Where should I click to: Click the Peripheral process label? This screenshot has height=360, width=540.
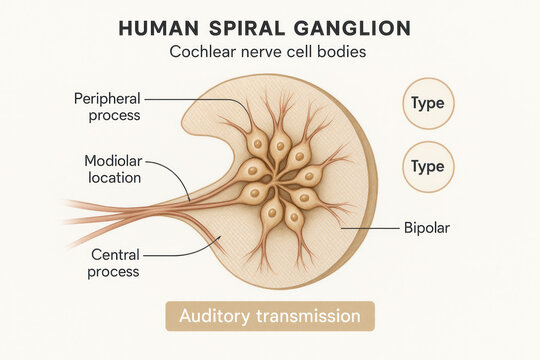click(x=107, y=107)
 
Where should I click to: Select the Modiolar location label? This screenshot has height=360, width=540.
click(x=112, y=169)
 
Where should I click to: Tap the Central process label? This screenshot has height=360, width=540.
click(x=114, y=263)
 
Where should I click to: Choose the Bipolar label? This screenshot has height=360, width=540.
click(x=426, y=228)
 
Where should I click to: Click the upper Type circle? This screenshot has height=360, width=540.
click(x=428, y=104)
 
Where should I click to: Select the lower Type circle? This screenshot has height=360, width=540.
click(x=428, y=166)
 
